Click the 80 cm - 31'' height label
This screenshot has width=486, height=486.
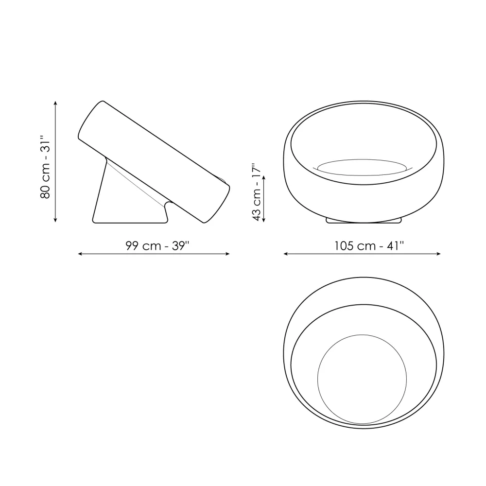pyautogui.click(x=45, y=166)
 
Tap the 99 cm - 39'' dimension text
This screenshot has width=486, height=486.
pyautogui.click(x=157, y=246)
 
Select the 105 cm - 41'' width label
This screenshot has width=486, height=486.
pyautogui.click(x=369, y=246)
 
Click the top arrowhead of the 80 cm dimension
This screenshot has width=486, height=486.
pyautogui.click(x=55, y=103)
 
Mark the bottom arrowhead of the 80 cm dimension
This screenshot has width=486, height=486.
pyautogui.click(x=55, y=220)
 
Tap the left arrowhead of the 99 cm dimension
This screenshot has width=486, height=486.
pyautogui.click(x=80, y=254)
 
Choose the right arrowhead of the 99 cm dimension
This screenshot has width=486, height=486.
pyautogui.click(x=228, y=254)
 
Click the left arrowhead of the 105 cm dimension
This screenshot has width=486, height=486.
pyautogui.click(x=285, y=254)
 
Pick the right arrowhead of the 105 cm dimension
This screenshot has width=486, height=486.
pyautogui.click(x=438, y=254)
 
